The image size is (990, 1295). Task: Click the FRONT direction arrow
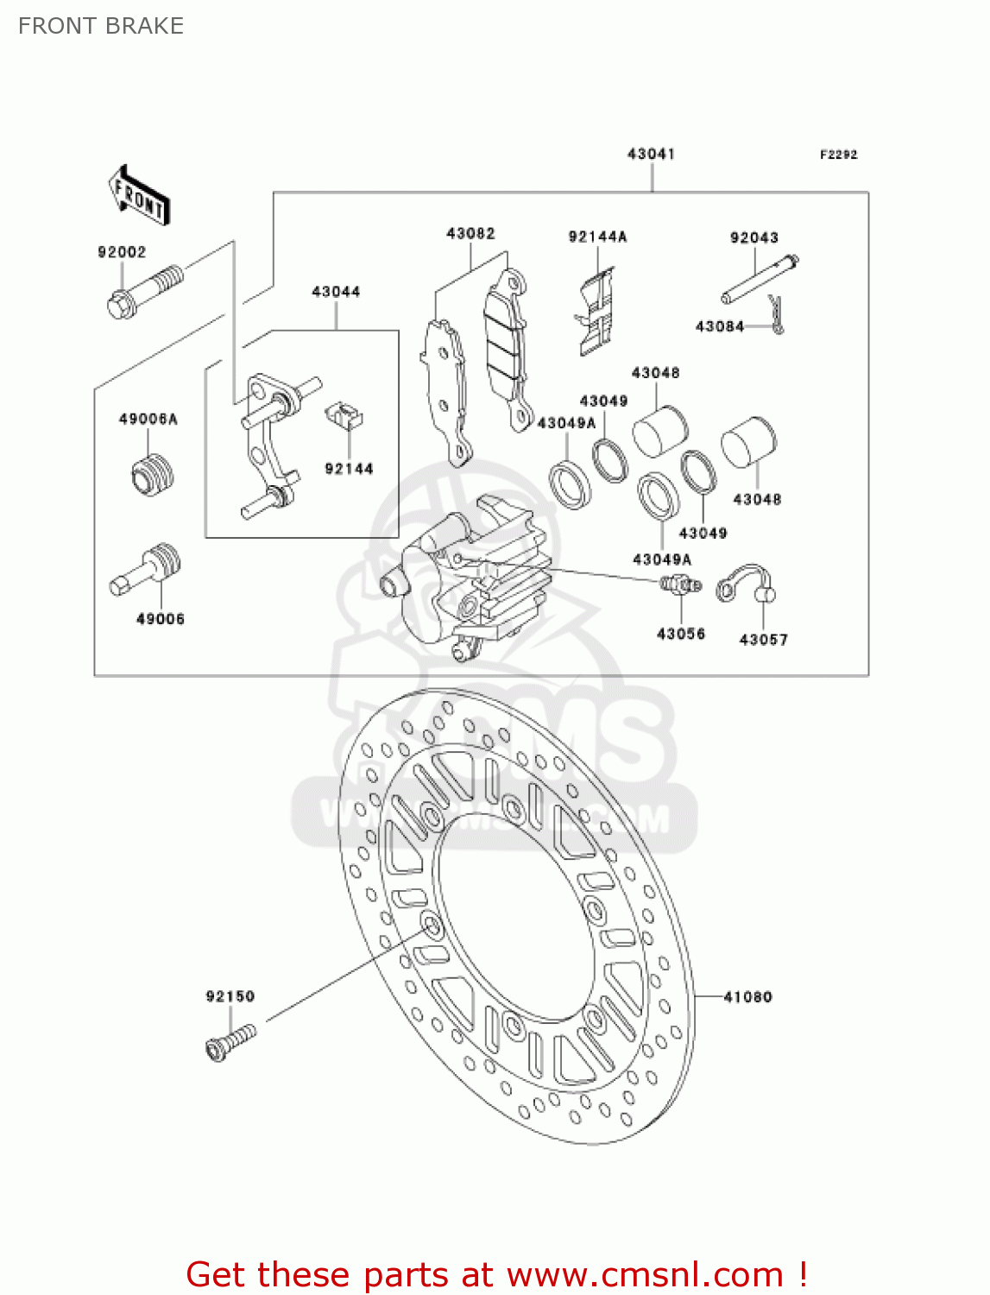coord(138,196)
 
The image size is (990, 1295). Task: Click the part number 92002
coord(122,252)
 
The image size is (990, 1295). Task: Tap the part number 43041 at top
coord(651,154)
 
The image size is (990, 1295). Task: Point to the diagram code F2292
coord(838,155)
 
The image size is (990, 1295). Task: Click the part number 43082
coord(470,233)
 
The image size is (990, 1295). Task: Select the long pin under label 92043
coord(760,279)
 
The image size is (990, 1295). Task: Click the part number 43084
coord(719,326)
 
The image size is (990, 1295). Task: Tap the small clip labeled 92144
coord(344,415)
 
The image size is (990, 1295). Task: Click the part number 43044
coord(336,292)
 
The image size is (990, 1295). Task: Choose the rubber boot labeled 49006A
coord(153,475)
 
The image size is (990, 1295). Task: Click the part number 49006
coord(161,619)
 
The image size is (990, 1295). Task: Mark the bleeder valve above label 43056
coord(680,585)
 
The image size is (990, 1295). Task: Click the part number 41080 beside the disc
coord(747,997)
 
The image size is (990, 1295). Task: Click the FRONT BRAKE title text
coord(101,26)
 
